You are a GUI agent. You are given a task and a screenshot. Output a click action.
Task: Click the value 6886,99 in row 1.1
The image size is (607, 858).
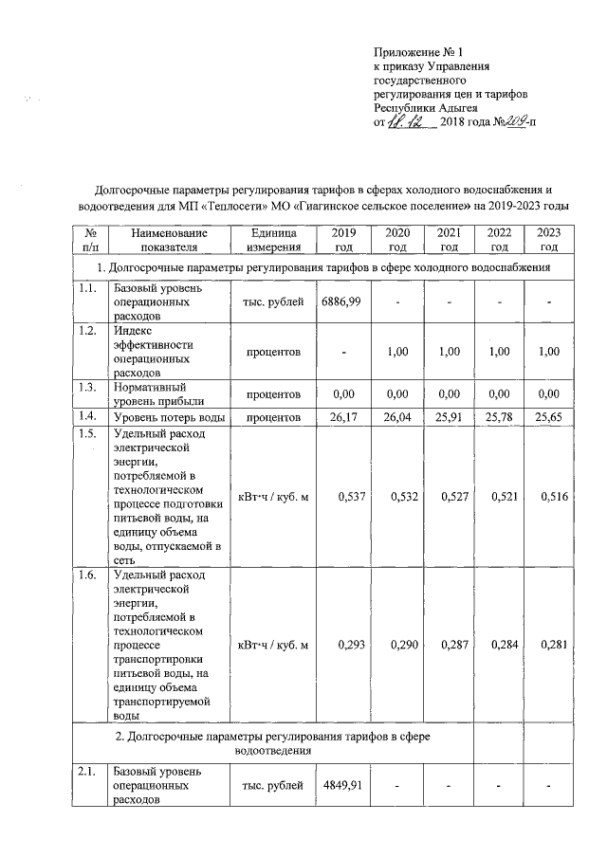point(341,301)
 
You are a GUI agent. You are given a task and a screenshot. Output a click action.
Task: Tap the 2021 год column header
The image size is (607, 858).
point(449,240)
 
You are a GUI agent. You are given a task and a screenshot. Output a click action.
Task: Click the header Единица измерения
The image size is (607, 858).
point(273,240)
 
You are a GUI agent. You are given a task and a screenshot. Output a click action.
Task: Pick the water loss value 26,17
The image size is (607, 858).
point(344,416)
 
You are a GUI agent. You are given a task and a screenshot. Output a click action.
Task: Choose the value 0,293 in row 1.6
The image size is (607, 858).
point(344,646)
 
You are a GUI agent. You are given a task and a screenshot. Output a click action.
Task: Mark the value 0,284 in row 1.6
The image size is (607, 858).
point(501,646)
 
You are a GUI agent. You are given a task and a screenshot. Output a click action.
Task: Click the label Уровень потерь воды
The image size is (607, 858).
point(168,416)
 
